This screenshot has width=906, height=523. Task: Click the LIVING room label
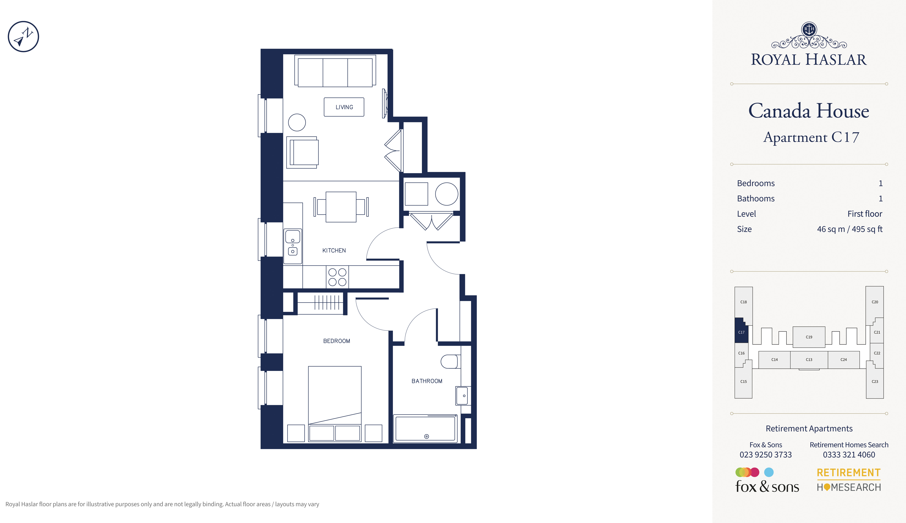click(x=344, y=107)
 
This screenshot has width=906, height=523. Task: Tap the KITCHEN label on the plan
click(x=334, y=250)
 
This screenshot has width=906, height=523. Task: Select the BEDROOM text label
click(x=337, y=341)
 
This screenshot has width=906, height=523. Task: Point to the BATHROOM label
click(x=427, y=381)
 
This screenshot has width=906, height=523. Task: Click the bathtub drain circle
click(x=426, y=436)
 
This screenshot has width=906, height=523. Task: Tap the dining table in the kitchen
click(x=341, y=207)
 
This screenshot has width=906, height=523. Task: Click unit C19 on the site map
click(x=809, y=337)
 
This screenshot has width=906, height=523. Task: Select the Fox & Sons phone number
click(x=765, y=455)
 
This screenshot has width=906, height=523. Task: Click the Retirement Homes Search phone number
click(x=849, y=455)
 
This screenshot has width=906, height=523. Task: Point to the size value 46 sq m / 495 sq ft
click(x=850, y=229)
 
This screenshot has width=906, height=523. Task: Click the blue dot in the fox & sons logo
click(x=769, y=472)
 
